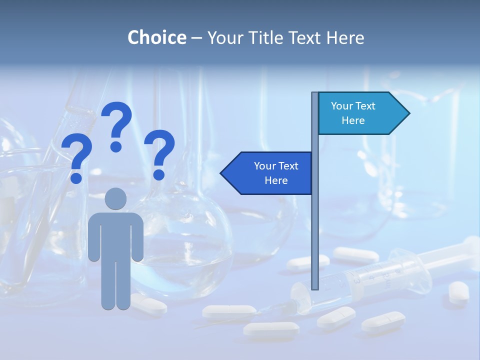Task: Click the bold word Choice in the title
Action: [x=156, y=37]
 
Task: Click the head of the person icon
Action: [x=116, y=199]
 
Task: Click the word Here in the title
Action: [x=345, y=37]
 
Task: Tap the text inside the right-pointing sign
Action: [x=353, y=113]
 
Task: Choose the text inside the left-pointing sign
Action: [x=276, y=173]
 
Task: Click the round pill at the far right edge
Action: [x=458, y=291]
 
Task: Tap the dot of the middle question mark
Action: [x=116, y=146]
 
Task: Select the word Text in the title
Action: [x=306, y=37]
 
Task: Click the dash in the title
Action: [x=196, y=38]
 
